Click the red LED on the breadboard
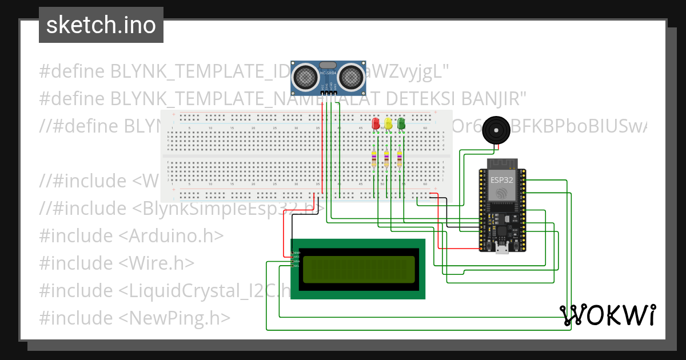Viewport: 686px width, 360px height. pos(376,123)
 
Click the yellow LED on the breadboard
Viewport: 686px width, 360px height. pos(388,123)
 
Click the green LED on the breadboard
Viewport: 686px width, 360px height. pos(401,123)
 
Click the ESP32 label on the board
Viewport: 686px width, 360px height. pos(501,179)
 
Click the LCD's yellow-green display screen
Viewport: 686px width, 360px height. pos(358,269)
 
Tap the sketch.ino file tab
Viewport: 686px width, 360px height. pos(101,25)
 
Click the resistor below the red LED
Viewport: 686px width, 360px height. pos(374,158)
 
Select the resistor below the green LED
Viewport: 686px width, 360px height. pos(400,158)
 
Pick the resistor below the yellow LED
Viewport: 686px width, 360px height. pos(386,158)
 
